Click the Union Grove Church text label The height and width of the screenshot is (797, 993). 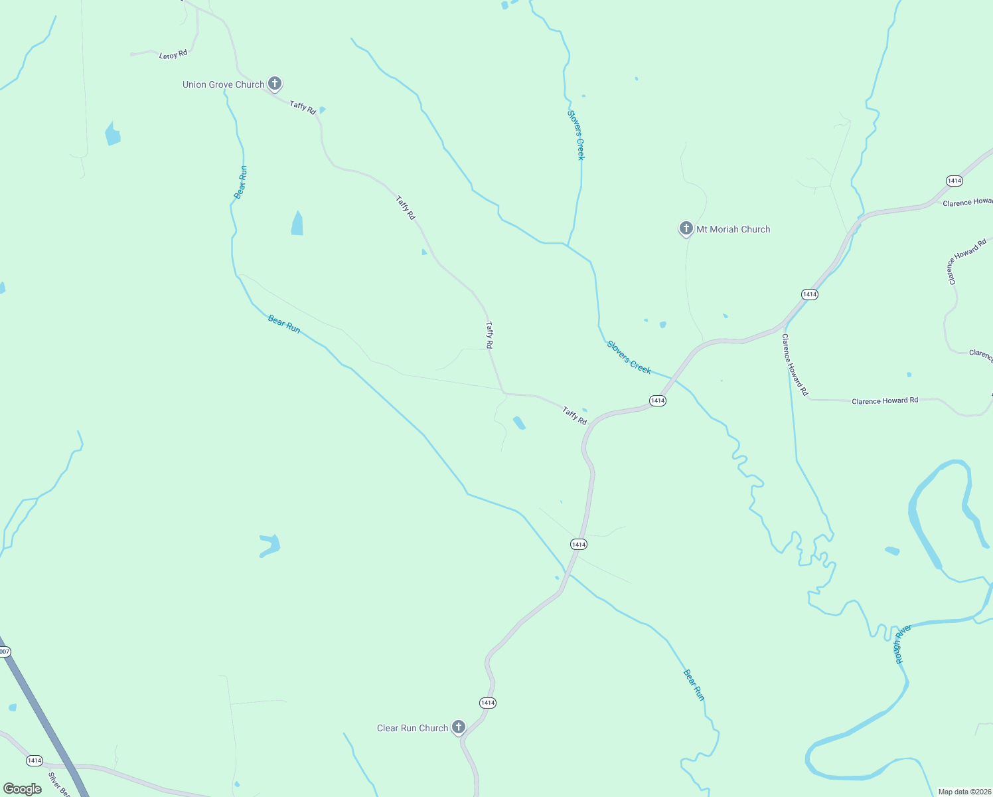tap(223, 84)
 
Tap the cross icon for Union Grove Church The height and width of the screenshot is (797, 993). tap(275, 84)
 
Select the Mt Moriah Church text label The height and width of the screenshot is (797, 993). tap(733, 229)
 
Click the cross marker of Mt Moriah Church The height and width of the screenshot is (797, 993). tap(686, 228)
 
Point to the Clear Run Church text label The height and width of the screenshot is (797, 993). tap(412, 728)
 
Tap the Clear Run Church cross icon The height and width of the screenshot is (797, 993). tap(458, 727)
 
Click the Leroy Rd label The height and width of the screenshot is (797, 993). tap(173, 54)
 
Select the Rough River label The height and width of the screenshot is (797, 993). tap(902, 644)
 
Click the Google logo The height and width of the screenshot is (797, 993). tap(22, 789)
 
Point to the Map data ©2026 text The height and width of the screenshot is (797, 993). tap(964, 792)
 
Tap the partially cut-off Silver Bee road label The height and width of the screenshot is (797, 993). tap(58, 784)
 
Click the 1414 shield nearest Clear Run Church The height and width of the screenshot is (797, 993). tap(487, 703)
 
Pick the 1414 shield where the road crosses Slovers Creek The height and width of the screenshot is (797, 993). tap(657, 400)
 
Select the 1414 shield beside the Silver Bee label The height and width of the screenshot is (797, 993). tap(34, 760)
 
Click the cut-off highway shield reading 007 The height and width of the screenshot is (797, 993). tap(4, 652)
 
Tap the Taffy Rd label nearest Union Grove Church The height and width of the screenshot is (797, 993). tap(303, 107)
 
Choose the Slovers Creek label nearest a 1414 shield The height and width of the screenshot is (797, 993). tap(629, 357)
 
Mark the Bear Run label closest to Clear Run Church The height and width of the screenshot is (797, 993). tap(694, 685)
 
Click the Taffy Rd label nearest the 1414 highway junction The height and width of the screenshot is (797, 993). tap(574, 416)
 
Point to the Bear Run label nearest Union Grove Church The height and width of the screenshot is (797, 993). tap(240, 182)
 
